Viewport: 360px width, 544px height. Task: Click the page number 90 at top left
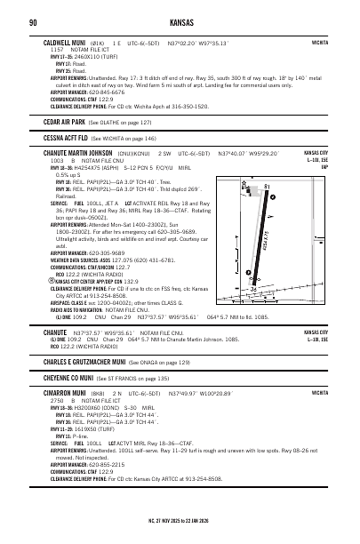click(x=33, y=21)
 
